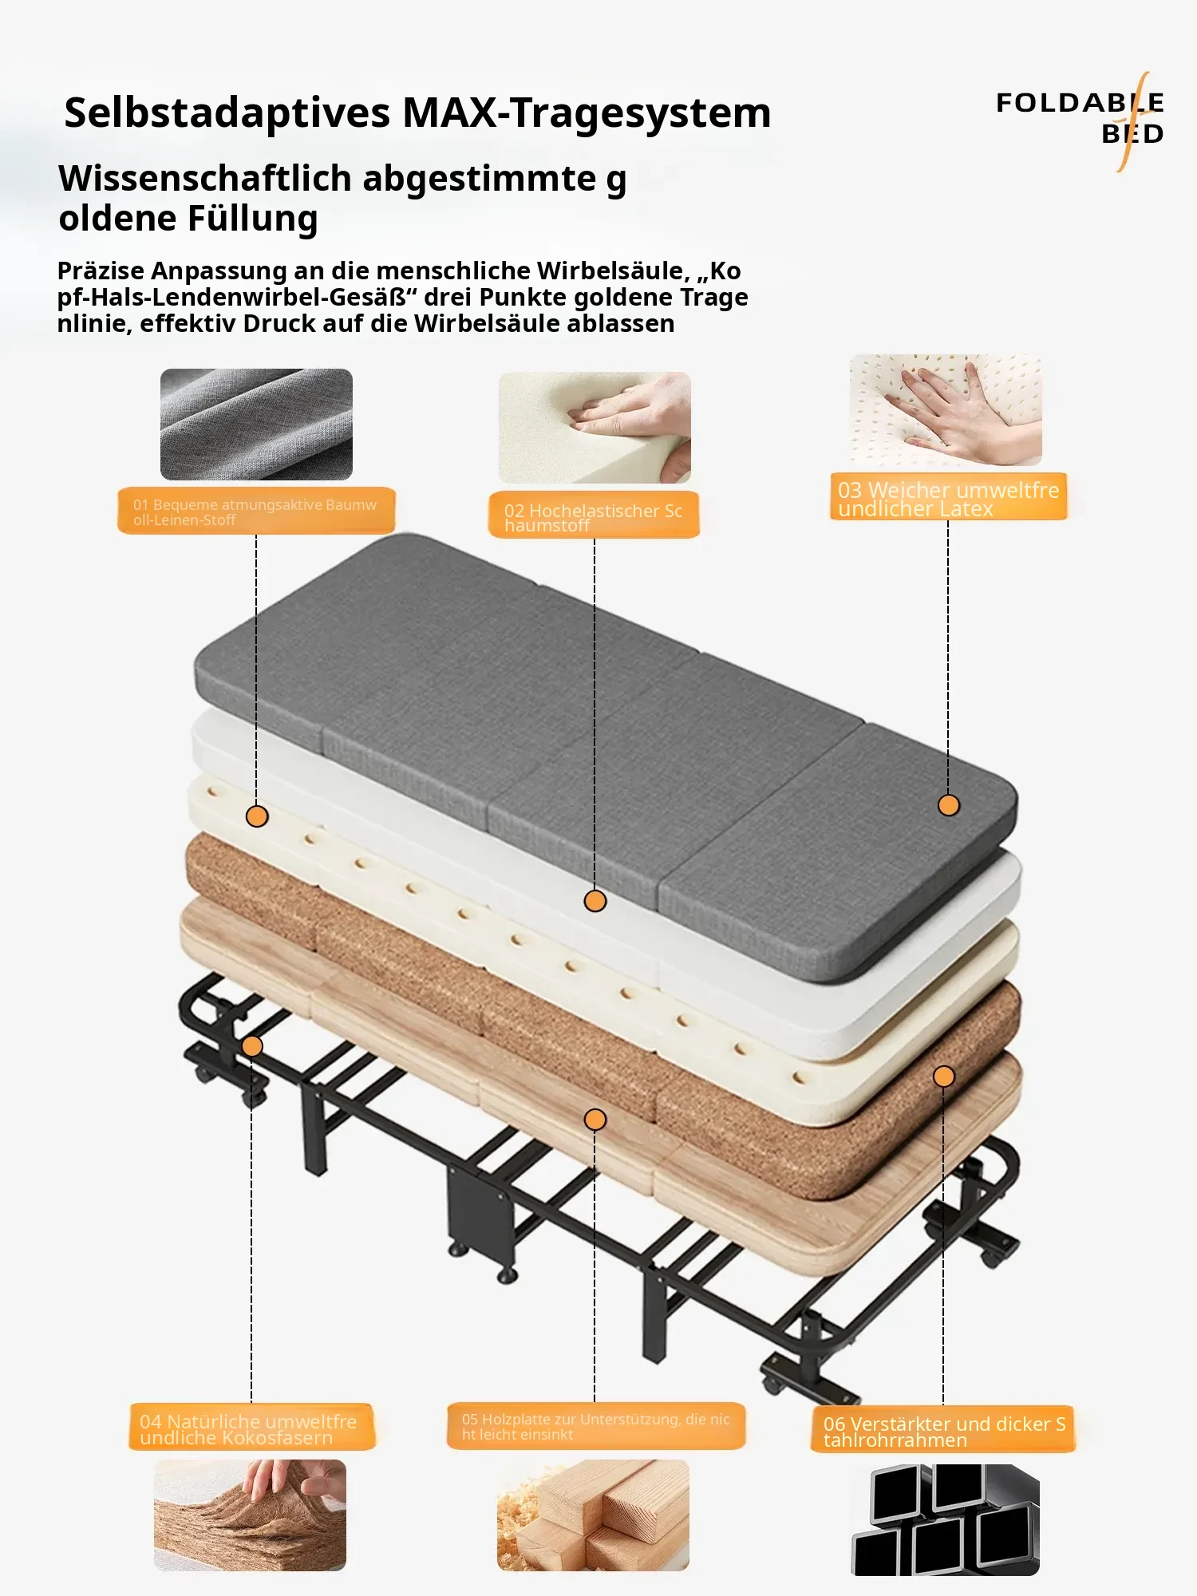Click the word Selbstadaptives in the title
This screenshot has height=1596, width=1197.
pyautogui.click(x=228, y=113)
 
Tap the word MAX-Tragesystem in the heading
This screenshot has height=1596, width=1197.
pyautogui.click(x=587, y=113)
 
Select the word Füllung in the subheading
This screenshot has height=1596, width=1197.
pyautogui.click(x=253, y=219)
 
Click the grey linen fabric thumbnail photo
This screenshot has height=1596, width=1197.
pyautogui.click(x=256, y=424)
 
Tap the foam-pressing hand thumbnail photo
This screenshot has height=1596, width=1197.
pyautogui.click(x=595, y=427)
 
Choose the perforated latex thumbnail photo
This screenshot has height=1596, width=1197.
pyautogui.click(x=946, y=410)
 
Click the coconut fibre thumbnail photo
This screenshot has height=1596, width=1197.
pyautogui.click(x=250, y=1515)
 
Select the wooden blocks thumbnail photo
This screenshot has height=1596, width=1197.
pyautogui.click(x=593, y=1515)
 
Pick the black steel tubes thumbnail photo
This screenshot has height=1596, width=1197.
pyautogui.click(x=946, y=1519)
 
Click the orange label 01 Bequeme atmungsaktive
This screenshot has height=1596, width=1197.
pyautogui.click(x=256, y=511)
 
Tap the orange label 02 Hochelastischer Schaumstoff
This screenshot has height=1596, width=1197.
pyautogui.click(x=594, y=516)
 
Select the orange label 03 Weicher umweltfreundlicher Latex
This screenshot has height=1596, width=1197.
pyautogui.click(x=948, y=497)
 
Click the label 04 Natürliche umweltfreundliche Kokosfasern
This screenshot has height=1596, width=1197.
pyautogui.click(x=251, y=1427)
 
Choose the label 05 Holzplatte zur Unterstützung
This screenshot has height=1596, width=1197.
pyautogui.click(x=596, y=1426)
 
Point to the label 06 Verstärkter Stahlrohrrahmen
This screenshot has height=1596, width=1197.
pyautogui.click(x=943, y=1430)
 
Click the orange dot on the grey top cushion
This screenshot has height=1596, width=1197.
pyautogui.click(x=949, y=805)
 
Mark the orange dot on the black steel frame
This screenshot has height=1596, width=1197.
pyautogui.click(x=252, y=1046)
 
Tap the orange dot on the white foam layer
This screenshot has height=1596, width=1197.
pyautogui.click(x=595, y=901)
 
